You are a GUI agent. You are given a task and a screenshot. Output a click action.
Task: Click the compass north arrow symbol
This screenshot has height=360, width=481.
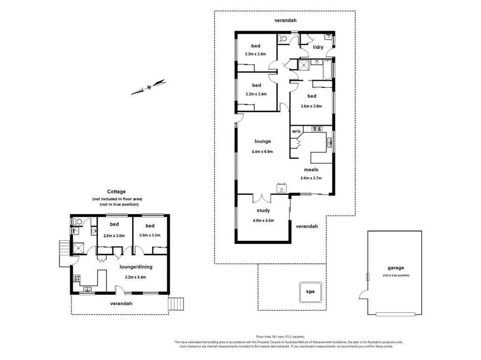point(148,87)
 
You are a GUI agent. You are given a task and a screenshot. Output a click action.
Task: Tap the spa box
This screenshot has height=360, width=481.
point(310,291)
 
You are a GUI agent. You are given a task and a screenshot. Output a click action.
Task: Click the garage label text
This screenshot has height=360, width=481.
point(396,268)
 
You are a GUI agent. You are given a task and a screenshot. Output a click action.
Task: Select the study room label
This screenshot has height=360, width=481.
point(263,211)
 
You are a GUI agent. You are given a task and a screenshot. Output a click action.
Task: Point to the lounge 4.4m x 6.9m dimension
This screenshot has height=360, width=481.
point(262,152)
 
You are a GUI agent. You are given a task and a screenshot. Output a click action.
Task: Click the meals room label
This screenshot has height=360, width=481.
point(311,170)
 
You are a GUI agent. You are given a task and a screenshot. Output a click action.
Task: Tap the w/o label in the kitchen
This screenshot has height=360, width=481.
point(296,131)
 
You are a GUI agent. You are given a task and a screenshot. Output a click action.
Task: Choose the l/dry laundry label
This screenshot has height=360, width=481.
point(318,47)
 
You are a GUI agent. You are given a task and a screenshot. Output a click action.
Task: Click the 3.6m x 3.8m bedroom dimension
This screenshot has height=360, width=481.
point(312,106)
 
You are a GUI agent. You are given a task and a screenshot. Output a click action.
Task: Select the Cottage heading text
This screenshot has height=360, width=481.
point(116,191)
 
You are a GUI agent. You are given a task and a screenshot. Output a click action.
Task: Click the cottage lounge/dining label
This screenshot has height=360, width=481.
point(136,267)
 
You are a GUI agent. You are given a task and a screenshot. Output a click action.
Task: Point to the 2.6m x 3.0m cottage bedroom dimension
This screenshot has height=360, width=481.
point(114,236)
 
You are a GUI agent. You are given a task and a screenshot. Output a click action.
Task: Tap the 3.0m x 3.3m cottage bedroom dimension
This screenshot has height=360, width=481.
point(150,236)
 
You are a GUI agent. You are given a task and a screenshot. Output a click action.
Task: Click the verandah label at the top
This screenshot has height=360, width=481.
point(285,20)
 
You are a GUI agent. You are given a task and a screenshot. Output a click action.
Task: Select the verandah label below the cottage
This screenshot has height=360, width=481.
point(121,303)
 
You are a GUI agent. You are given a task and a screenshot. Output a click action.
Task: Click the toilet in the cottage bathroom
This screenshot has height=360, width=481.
point(78,222)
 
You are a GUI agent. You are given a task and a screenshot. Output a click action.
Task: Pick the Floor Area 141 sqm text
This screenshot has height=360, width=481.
point(280,337)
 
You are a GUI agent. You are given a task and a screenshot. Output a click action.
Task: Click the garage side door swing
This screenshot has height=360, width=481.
point(363,295)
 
